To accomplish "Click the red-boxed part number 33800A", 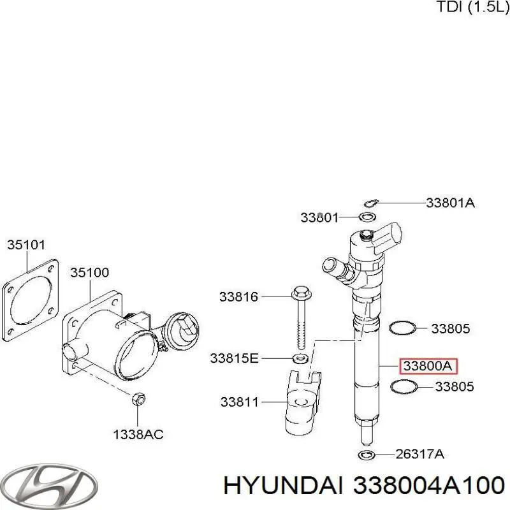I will (x=429, y=366).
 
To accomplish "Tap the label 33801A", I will (x=450, y=203).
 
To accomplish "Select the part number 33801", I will (x=319, y=218).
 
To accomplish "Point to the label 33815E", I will (x=234, y=359).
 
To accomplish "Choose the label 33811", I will (x=240, y=402).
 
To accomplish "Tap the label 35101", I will (x=26, y=244).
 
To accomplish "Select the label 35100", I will (x=89, y=272).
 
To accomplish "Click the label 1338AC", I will (x=138, y=435).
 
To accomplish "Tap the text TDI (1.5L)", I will (x=472, y=7).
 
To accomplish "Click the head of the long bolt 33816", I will (x=300, y=293).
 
